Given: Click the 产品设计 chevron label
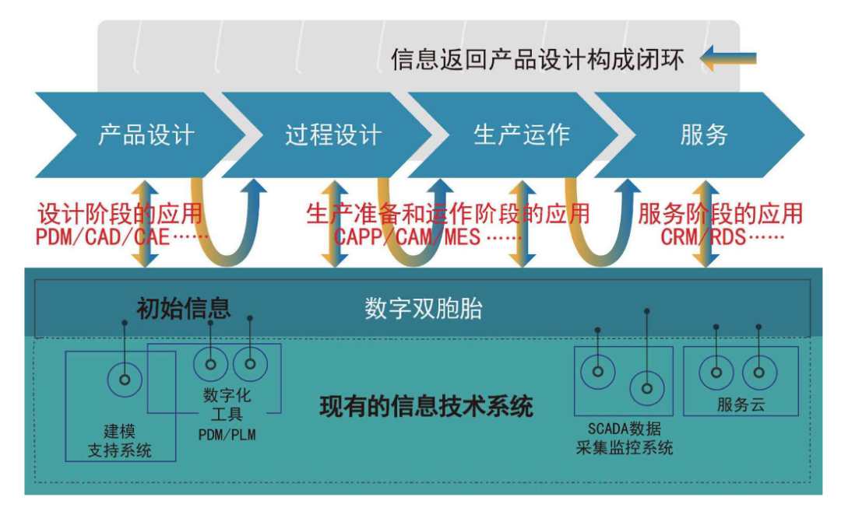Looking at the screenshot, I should (146, 135).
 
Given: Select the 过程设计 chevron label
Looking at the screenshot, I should (333, 135).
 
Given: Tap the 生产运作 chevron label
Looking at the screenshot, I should (521, 135).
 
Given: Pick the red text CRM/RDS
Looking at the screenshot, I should (703, 237).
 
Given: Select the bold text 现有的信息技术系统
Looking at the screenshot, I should (427, 406).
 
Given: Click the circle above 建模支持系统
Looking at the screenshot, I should (124, 380).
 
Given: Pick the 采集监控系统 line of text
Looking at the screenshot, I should (624, 447).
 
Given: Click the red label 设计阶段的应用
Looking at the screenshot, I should (119, 213).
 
